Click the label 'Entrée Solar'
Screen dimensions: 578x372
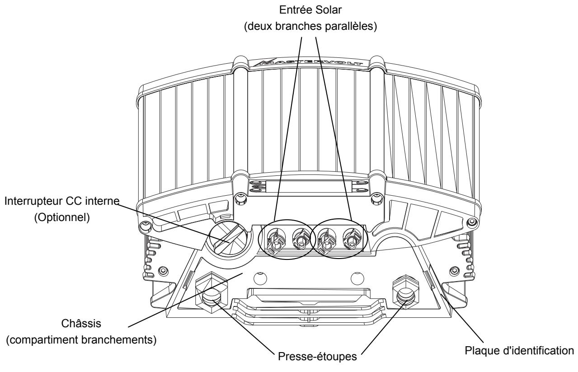click(310, 10)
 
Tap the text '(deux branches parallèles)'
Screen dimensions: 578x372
click(310, 26)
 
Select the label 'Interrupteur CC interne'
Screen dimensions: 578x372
click(62, 201)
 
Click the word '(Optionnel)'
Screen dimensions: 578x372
click(62, 217)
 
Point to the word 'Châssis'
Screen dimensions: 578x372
click(81, 324)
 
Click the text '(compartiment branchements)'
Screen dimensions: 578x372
click(81, 340)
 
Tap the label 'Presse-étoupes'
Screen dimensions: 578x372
click(317, 357)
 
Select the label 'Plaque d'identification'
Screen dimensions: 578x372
click(519, 351)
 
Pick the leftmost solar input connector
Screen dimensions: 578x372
click(276, 240)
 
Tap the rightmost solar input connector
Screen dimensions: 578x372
click(352, 239)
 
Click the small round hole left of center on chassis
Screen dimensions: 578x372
click(260, 278)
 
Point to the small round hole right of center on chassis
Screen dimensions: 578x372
click(357, 278)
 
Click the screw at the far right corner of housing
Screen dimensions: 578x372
click(472, 222)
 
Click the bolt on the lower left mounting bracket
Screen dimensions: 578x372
click(163, 271)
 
